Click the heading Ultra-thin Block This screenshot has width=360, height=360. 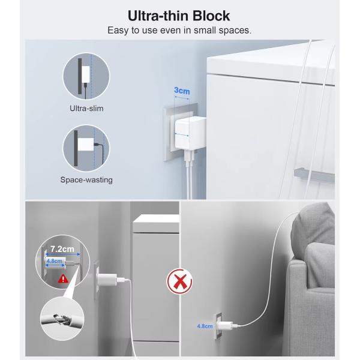[x=179, y=16]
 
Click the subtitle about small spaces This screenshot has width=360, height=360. [x=179, y=31]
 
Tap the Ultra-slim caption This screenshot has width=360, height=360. [x=86, y=109]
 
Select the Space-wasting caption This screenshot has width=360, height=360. [x=86, y=179]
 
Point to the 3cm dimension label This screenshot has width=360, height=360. [x=182, y=91]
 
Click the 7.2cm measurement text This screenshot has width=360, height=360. [x=62, y=249]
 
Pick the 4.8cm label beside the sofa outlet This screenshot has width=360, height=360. [x=205, y=326]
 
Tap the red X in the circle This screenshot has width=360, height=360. [x=179, y=281]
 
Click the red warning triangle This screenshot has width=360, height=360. [x=63, y=279]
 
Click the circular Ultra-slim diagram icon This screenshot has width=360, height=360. [x=86, y=76]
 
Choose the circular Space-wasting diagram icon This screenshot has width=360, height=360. [x=86, y=148]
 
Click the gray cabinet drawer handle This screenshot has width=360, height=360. [x=314, y=175]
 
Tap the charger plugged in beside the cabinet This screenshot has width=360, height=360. [x=107, y=279]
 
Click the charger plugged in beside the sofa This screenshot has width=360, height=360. [x=225, y=325]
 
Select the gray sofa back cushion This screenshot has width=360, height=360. [x=313, y=232]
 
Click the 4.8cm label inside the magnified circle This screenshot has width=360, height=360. [x=55, y=261]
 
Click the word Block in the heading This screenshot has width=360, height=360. [x=211, y=16]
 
